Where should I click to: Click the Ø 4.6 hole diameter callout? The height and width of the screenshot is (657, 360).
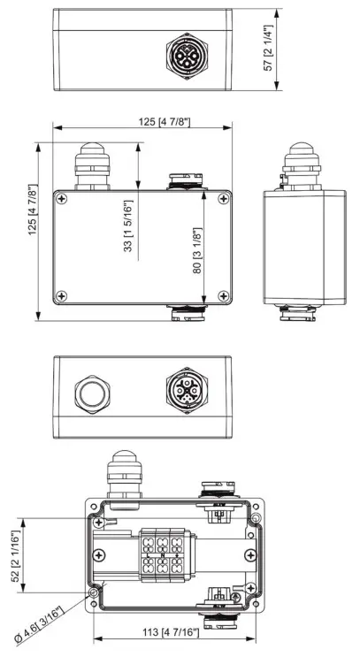tap(50, 624)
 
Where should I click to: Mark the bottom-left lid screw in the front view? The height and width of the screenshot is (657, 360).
tap(62, 295)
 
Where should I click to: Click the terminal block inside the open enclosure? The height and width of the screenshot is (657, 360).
tap(162, 554)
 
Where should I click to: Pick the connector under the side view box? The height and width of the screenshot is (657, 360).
tap(301, 311)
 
